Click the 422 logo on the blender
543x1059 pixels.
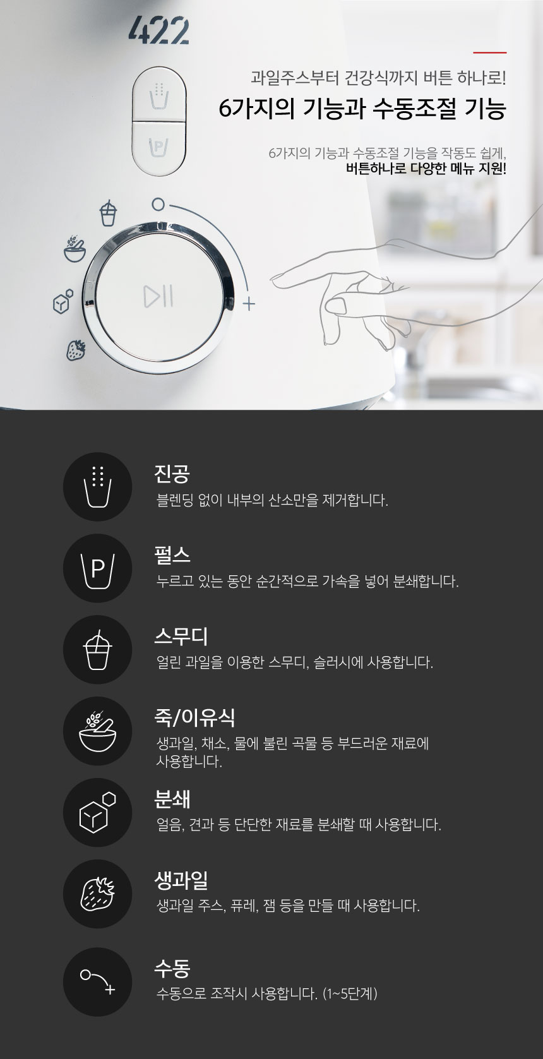[158, 31]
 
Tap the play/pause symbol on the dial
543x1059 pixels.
[158, 296]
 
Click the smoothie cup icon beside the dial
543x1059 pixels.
[108, 213]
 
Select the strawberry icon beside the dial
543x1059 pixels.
[76, 350]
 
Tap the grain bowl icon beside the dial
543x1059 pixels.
[75, 249]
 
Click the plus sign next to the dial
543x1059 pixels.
[249, 304]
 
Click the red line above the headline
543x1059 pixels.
[489, 52]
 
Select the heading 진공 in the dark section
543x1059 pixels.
[172, 474]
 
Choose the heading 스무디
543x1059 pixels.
[181, 637]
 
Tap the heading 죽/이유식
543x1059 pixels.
[194, 717]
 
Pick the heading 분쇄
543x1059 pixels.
[172, 799]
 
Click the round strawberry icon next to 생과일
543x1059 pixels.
[97, 894]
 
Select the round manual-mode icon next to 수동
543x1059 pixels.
[97, 982]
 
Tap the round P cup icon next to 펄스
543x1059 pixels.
[97, 568]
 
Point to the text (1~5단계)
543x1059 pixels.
[350, 993]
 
